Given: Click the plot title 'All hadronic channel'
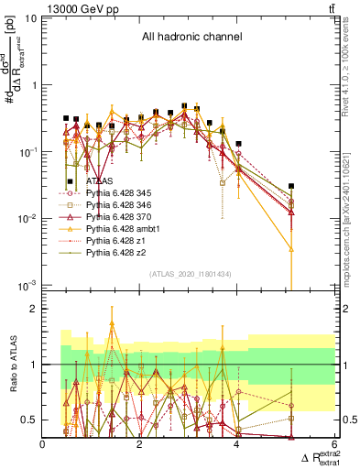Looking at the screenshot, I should coord(191,38).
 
